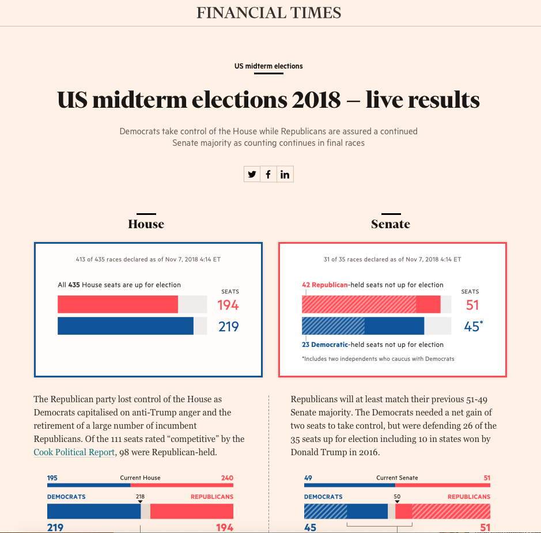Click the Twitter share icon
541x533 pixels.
pos(252,174)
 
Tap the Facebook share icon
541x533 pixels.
pos(268,174)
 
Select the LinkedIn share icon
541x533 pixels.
pos(285,174)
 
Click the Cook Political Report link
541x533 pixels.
pos(74,452)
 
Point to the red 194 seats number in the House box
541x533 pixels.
pos(228,305)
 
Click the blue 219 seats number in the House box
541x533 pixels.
pos(228,326)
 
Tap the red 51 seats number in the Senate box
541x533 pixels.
pos(472,305)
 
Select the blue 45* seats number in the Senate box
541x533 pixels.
pos(474,326)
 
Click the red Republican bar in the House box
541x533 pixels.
pos(118,304)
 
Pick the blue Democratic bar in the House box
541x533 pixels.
pos(126,326)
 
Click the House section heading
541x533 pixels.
pos(146,224)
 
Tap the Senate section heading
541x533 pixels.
pos(391,224)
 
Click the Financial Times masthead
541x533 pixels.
pos(269,13)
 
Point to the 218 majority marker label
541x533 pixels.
pos(140,497)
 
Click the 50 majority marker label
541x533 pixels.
pos(397,497)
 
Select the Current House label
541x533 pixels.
pos(140,478)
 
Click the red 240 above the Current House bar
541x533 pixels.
pos(227,478)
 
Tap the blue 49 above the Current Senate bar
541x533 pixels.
pos(308,478)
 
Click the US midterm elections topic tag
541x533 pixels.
pos(268,66)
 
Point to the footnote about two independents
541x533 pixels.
pos(378,359)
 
